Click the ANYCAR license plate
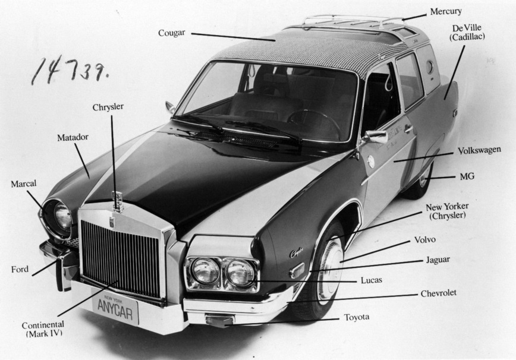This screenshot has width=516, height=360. pyautogui.click(x=115, y=310)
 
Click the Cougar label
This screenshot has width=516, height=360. pyautogui.click(x=171, y=33)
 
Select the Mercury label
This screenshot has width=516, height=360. pyautogui.click(x=446, y=11)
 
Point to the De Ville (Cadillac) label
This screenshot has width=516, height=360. pyautogui.click(x=467, y=32)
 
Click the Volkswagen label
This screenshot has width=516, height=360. pyautogui.click(x=480, y=150)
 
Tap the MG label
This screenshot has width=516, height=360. pyautogui.click(x=467, y=176)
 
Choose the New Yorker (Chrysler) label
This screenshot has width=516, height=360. pyautogui.click(x=447, y=211)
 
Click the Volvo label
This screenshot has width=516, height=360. pyautogui.click(x=425, y=239)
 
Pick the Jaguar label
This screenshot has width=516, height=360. pyautogui.click(x=438, y=260)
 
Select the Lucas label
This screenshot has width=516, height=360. pyautogui.click(x=372, y=280)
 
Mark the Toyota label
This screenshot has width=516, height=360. pyautogui.click(x=357, y=317)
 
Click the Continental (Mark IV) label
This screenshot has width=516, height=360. pyautogui.click(x=43, y=329)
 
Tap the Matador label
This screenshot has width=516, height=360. pyautogui.click(x=73, y=137)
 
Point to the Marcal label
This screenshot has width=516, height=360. pyautogui.click(x=24, y=184)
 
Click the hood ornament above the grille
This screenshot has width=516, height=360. pyautogui.click(x=118, y=201)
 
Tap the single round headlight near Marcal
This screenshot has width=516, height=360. pyautogui.click(x=62, y=217)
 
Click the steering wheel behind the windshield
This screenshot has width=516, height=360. pyautogui.click(x=314, y=122)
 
